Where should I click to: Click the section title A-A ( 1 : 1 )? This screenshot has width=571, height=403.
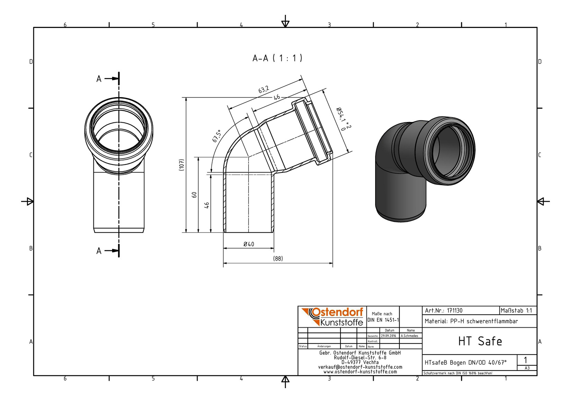(277, 58)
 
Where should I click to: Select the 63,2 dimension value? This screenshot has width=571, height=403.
(264, 90)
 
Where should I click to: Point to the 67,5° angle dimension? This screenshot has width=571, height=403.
(217, 136)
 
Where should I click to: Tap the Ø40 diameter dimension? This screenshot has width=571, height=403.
(249, 244)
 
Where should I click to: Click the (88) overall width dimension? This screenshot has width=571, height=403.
(278, 259)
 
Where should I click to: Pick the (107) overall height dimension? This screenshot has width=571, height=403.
(181, 165)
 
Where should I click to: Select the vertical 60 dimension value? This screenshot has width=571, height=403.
(194, 195)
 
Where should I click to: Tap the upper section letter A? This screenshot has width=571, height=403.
(99, 79)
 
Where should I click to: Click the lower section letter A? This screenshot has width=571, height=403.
(99, 251)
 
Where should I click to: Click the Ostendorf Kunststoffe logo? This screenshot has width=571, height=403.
(332, 317)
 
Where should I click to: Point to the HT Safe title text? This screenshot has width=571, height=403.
(480, 341)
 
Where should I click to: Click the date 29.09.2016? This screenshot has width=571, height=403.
(389, 336)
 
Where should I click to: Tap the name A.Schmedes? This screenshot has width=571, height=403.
(409, 336)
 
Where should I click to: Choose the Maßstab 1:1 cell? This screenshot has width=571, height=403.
(518, 311)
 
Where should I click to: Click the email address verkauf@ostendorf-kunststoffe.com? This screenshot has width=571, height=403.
(360, 367)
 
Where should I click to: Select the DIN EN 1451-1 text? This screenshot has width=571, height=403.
(383, 320)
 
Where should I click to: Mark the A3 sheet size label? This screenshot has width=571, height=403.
(527, 368)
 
